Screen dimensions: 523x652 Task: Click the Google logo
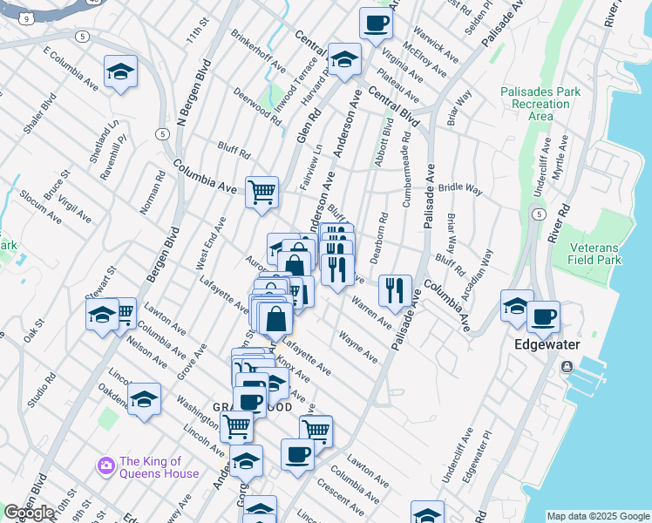[29, 513]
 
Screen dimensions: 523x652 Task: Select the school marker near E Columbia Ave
[120, 71]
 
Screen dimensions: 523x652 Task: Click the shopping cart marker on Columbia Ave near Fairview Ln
[261, 192]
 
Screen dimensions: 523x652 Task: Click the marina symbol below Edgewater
[568, 366]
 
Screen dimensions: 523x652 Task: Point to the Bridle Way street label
[460, 187]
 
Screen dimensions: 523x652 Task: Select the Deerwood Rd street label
[257, 106]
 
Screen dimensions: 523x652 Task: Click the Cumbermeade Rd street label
[407, 178]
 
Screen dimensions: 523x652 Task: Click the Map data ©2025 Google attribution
[598, 516]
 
